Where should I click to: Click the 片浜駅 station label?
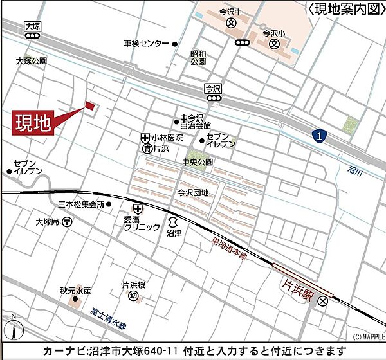[299, 282]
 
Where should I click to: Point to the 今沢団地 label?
[194, 192]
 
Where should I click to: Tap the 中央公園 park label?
[197, 162]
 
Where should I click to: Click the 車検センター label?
[147, 44]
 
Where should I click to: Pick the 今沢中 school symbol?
[232, 23]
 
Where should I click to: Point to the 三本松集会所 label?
[81, 204]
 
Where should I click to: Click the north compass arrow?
[13, 329]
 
